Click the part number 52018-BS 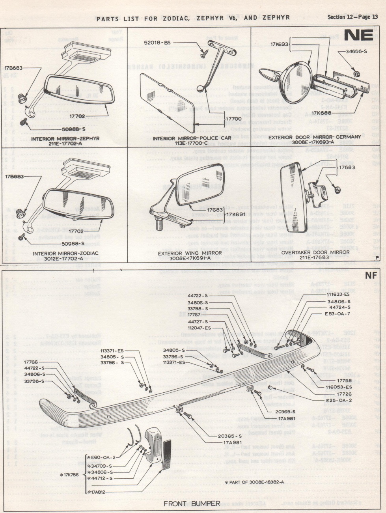tap(157, 42)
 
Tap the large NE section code tap(358, 36)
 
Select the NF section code tap(370, 276)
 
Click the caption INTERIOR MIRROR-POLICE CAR tap(188, 138)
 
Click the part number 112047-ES tap(199, 328)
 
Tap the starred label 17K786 tap(71, 475)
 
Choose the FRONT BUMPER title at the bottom tap(192, 504)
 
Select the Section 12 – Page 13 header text tap(352, 17)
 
